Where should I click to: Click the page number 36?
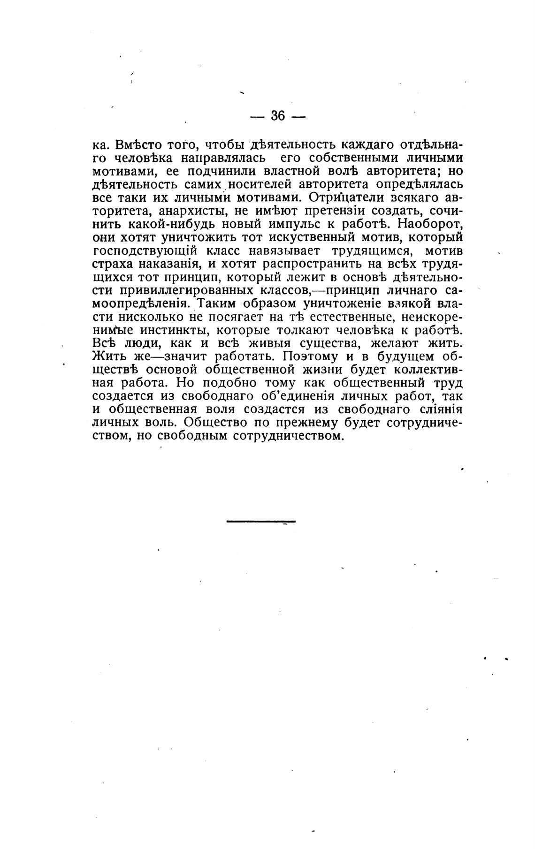click(278, 115)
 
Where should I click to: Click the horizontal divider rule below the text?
click(261, 521)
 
